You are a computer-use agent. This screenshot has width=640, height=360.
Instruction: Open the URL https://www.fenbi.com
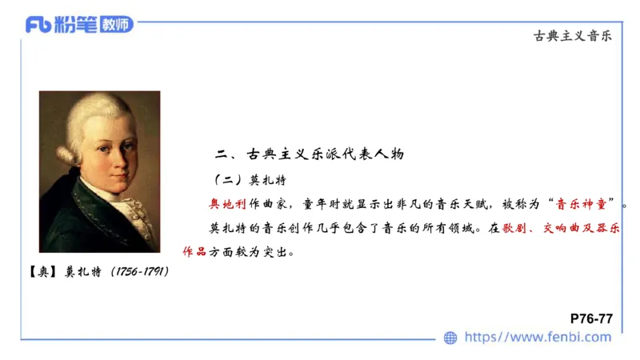(538, 338)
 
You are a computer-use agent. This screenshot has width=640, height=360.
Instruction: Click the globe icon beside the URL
(450, 338)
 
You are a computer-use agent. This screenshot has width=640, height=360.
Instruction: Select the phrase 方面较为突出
(252, 253)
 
